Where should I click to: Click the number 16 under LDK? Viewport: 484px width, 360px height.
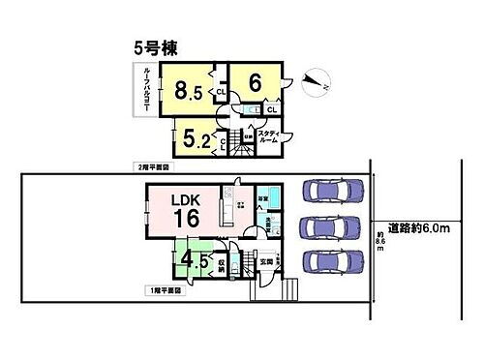186,220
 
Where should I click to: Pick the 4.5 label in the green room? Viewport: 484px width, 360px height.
194,260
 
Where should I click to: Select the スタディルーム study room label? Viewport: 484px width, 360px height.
268,136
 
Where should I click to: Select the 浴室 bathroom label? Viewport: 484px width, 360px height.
263,200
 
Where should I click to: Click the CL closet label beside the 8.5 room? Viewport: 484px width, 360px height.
221,92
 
